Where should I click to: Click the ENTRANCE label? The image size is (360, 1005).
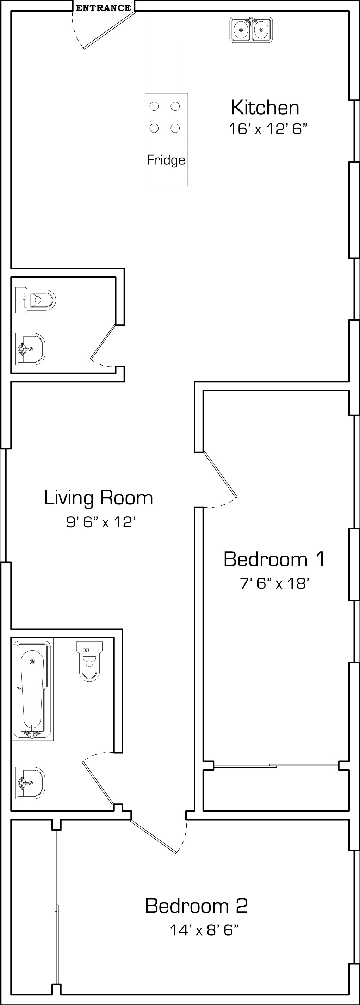(x=103, y=8)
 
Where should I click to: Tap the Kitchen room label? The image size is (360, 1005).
(x=265, y=107)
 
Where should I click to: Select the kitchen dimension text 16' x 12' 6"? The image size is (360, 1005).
(x=268, y=129)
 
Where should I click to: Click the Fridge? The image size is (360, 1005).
(x=166, y=163)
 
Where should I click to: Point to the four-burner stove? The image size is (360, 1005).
(x=166, y=117)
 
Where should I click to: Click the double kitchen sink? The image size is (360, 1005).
(x=251, y=29)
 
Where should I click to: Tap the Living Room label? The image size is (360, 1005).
(x=98, y=498)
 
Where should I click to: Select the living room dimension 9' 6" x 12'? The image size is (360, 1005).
(x=101, y=522)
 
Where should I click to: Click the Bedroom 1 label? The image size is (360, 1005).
(x=274, y=559)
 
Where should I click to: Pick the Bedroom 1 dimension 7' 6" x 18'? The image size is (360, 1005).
(x=275, y=583)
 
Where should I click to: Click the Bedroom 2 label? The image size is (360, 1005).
(x=196, y=906)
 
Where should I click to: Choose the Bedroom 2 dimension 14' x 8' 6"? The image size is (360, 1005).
(x=204, y=930)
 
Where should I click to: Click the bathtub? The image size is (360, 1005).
(x=32, y=690)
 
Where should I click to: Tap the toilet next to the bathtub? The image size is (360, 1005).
(x=89, y=661)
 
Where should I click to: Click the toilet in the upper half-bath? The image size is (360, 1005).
(x=36, y=300)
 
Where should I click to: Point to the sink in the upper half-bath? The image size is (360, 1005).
(x=30, y=349)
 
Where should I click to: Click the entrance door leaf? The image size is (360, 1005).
(x=110, y=30)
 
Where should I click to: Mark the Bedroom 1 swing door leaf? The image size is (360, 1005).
(x=221, y=475)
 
